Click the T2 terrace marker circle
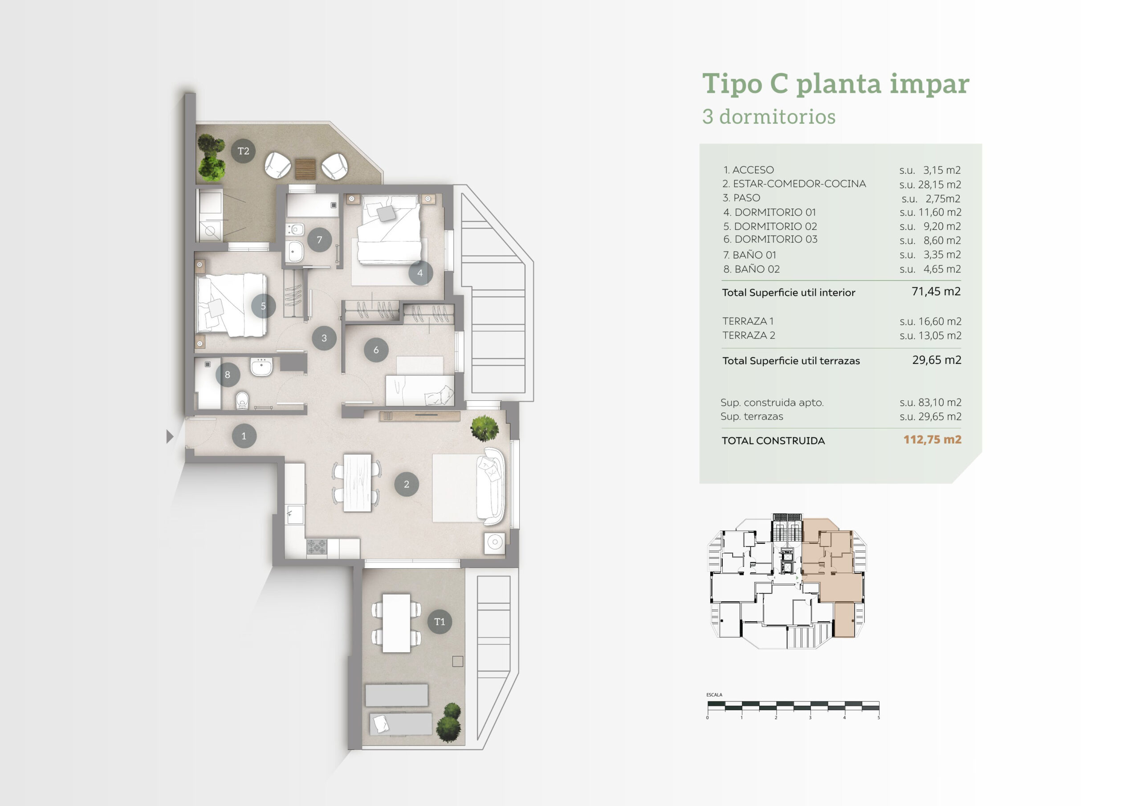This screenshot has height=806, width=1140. click(x=243, y=151)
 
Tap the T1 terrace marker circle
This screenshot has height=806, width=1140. click(x=440, y=621)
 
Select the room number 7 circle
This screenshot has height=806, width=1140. click(x=319, y=240)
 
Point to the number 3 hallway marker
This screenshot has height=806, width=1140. click(x=324, y=338)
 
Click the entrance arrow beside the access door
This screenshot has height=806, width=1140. click(x=170, y=436)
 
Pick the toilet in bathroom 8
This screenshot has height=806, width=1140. click(x=242, y=400)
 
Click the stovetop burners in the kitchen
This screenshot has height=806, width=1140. click(x=316, y=547)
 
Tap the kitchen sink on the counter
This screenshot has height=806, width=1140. click(x=295, y=514)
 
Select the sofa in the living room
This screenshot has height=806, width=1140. click(x=491, y=486)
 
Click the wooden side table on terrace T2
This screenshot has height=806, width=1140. click(x=306, y=169)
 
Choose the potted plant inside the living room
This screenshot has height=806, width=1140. click(x=484, y=427)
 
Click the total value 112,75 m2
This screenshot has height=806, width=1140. click(x=932, y=440)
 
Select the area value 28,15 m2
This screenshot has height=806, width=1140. click(x=940, y=185)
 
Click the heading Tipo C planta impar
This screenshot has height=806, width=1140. click(x=836, y=83)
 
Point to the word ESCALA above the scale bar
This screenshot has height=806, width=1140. click(x=714, y=695)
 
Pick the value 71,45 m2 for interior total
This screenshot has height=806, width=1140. click(x=936, y=292)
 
